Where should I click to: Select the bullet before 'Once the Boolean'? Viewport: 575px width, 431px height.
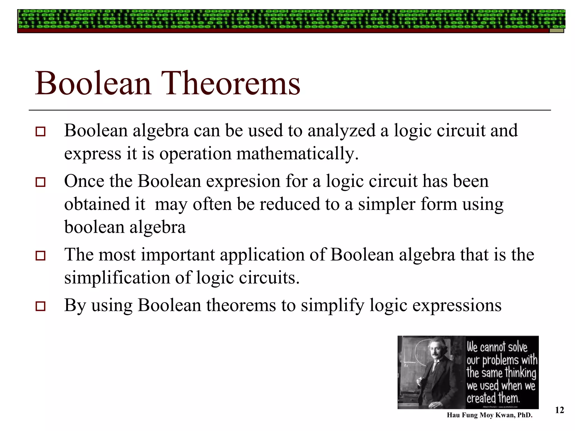(x=40, y=182)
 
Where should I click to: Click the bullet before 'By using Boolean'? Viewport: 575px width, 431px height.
(x=40, y=306)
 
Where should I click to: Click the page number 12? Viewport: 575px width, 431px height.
(x=559, y=411)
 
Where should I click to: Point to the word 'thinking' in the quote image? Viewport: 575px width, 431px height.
(x=521, y=373)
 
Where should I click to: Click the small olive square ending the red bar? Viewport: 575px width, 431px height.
(x=556, y=31)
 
